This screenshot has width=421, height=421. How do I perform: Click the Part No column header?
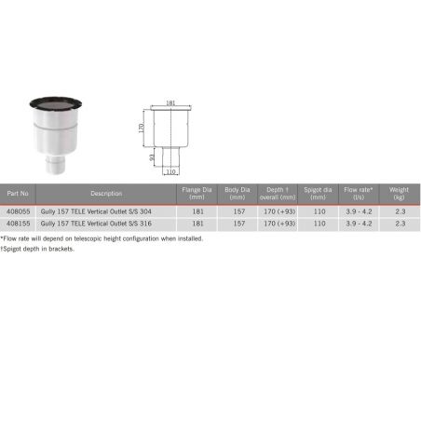(19, 194)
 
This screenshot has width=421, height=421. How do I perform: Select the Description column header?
(106, 194)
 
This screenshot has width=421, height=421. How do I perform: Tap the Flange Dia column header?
(197, 194)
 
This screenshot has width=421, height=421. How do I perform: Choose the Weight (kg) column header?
(400, 194)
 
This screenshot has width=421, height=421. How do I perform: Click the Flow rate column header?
(358, 194)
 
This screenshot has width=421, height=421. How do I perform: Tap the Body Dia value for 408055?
(238, 211)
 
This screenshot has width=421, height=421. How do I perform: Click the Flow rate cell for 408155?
(358, 224)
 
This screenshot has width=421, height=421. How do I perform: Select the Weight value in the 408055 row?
(400, 211)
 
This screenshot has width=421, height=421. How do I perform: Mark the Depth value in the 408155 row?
(278, 224)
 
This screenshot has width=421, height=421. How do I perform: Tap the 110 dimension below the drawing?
(170, 171)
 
